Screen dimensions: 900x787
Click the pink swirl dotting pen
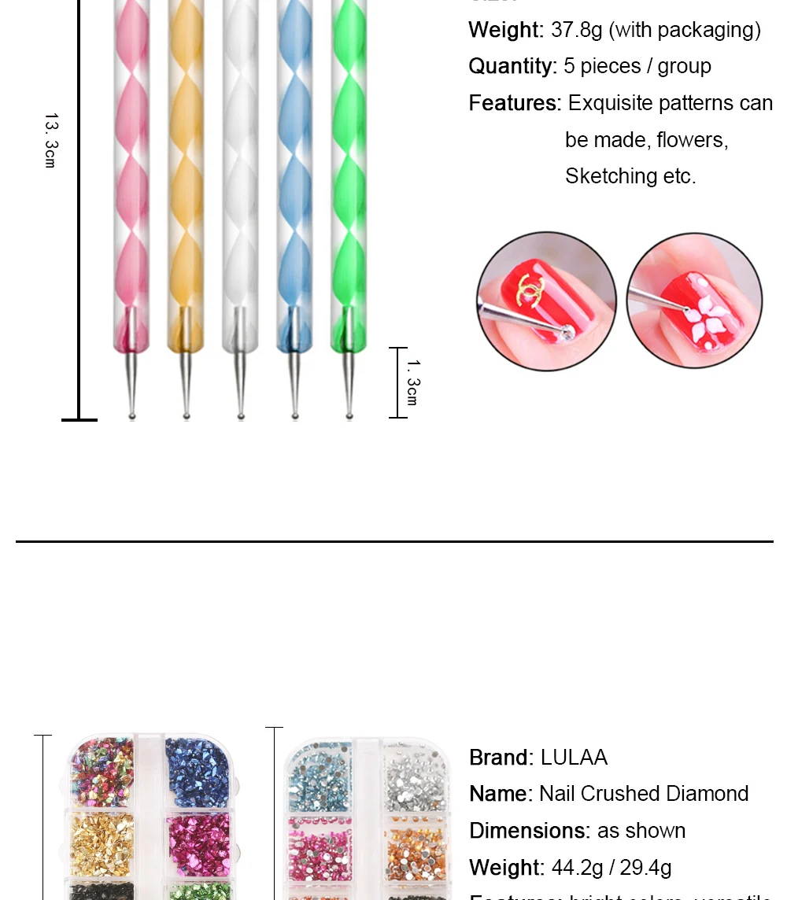coord(131,173)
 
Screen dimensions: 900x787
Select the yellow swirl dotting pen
coord(186,173)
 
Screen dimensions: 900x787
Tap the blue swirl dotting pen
coord(294,173)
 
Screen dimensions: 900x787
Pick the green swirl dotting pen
coord(348,173)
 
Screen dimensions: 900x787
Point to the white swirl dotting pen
coord(240,173)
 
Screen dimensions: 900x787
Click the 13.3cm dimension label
coord(50,140)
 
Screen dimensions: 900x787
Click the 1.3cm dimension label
coord(412,382)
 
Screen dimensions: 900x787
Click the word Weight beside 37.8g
coord(505,30)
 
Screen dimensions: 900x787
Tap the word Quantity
coord(512,66)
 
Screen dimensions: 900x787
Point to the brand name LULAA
coord(574,758)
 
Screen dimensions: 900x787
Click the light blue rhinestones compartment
coord(320,776)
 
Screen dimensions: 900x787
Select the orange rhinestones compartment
coord(416,846)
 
